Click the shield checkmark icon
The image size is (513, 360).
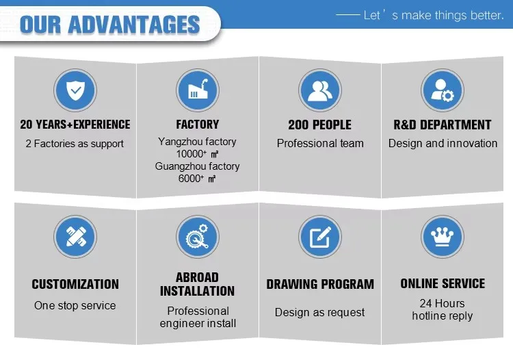(x=75, y=90)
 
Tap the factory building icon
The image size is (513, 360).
(x=198, y=90)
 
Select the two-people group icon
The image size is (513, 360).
(x=320, y=90)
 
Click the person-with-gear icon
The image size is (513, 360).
(x=443, y=90)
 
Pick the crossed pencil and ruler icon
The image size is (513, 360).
(x=75, y=237)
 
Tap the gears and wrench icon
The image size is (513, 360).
(x=198, y=237)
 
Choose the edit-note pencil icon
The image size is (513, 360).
(x=320, y=237)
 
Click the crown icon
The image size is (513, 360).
(x=443, y=237)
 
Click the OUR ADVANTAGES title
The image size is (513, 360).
(x=109, y=25)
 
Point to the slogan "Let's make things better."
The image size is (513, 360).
(x=434, y=15)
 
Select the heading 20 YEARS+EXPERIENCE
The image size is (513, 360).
(x=75, y=125)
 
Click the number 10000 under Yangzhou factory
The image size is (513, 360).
(x=189, y=154)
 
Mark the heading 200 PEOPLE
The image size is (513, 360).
(x=320, y=125)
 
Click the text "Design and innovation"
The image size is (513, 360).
(x=443, y=143)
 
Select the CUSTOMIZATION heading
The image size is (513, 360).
(x=75, y=284)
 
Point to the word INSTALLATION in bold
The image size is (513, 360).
(x=197, y=291)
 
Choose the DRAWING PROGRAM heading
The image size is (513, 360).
(x=320, y=284)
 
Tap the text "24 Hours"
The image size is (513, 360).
(x=443, y=303)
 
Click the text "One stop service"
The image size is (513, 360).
(x=75, y=305)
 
